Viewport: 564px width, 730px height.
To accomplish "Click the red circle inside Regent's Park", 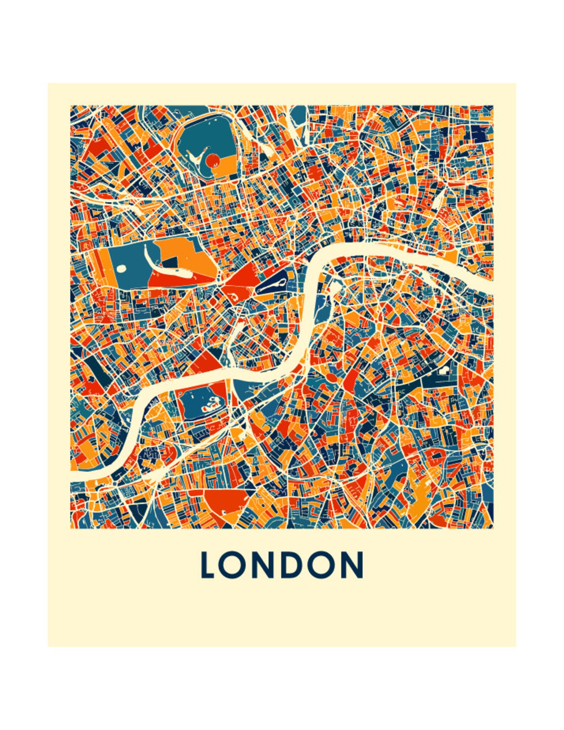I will [x=213, y=162].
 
